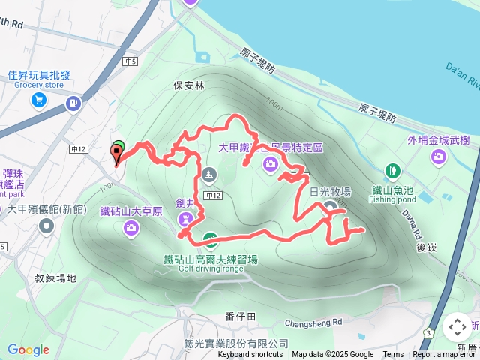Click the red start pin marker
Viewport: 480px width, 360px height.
pos(116,154)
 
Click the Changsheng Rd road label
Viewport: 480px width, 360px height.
pos(313,323)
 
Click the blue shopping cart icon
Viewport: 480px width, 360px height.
pos(39,100)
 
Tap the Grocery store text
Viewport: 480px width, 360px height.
pos(39,85)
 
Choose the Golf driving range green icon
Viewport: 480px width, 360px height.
pos(211,240)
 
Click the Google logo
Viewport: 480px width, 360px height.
pos(28,349)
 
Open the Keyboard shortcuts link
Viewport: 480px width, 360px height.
pos(250,355)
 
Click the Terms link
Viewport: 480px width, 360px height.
pos(393,355)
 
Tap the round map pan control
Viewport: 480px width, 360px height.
pos(457,327)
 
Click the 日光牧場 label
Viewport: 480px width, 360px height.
pos(330,193)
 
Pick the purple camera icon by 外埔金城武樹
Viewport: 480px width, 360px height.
pos(438,157)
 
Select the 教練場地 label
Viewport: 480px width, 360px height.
pos(55,278)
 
